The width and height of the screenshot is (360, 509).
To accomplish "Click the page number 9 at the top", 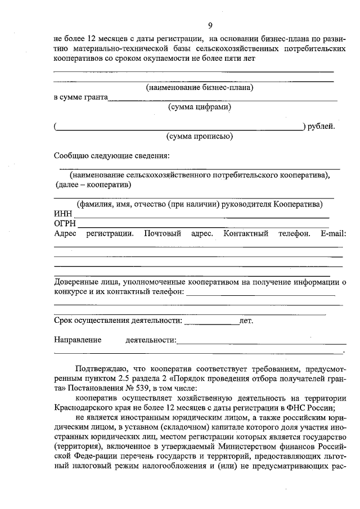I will pos(209,25).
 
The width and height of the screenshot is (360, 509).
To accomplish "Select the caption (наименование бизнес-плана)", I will pos(200,88).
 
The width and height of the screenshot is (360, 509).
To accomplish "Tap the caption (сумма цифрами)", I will pos(200,107).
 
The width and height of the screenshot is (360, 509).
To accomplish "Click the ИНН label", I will pos(63,214).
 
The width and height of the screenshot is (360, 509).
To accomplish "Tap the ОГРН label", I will pos(65,224).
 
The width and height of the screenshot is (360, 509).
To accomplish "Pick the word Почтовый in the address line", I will pos(162,233).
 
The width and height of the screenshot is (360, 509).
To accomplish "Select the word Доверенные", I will pos(76,282).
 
